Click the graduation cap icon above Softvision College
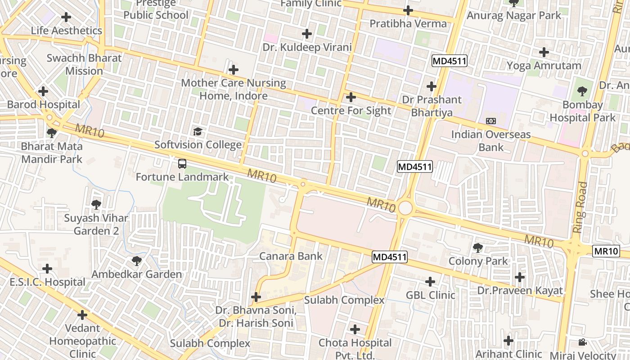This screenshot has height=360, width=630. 198,132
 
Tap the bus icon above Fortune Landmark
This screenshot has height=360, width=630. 182,164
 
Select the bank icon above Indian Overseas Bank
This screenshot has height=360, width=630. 491,121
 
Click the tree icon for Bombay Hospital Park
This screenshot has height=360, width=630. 582,92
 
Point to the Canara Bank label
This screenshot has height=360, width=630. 291,256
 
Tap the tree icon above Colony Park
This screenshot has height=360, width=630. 478,247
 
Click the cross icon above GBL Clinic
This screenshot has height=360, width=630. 430,282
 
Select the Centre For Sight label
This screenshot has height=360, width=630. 351,110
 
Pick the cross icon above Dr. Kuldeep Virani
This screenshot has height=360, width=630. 307,34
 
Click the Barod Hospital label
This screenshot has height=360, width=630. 44,104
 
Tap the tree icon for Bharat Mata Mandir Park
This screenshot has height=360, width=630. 52,133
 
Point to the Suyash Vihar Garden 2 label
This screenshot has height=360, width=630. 96,225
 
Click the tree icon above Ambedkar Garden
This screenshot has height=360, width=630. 136,261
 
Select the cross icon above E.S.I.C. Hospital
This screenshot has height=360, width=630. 47,269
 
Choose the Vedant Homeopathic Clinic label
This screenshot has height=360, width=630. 82,341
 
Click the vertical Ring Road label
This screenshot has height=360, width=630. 581,207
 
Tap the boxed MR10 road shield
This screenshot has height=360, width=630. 606,251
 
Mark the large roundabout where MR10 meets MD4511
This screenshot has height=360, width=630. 405,208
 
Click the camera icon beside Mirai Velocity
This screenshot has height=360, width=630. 582,342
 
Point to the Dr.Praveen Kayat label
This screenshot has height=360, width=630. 520,291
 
